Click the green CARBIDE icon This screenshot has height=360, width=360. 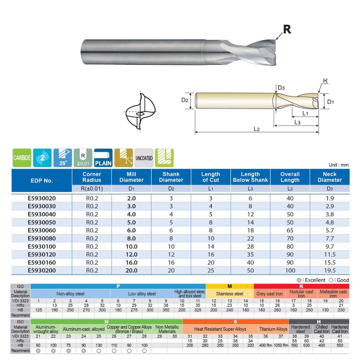click(22, 158)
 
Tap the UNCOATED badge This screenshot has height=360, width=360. click(144, 158)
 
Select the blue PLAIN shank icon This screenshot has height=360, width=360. click(103, 158)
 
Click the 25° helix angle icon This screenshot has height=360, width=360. click(63, 158)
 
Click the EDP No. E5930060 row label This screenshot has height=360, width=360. click(42, 230)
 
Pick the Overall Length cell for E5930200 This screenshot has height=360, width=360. click(290, 270)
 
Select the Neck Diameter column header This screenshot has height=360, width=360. click(329, 177)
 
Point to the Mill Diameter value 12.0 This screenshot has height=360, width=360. click(131, 254)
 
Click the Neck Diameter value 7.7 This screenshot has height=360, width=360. click(329, 238)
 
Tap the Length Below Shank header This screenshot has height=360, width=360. click(250, 177)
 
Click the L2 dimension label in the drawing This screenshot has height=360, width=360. click(256, 129)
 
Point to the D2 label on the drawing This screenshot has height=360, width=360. click(185, 100)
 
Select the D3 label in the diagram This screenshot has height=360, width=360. click(281, 88)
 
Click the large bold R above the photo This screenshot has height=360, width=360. click(287, 29)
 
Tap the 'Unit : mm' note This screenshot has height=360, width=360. click(339, 165)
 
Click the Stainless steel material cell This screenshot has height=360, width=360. click(230, 294)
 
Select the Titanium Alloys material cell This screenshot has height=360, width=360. click(273, 329)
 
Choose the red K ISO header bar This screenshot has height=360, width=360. click(301, 286)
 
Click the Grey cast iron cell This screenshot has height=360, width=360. click(269, 294)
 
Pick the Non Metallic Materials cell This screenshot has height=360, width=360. click(167, 329)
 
